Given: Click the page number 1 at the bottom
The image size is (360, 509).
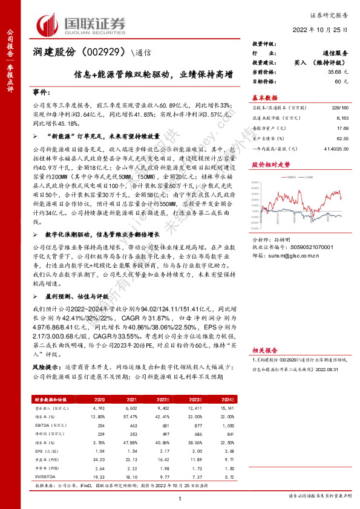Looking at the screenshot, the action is click(180, 498).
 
